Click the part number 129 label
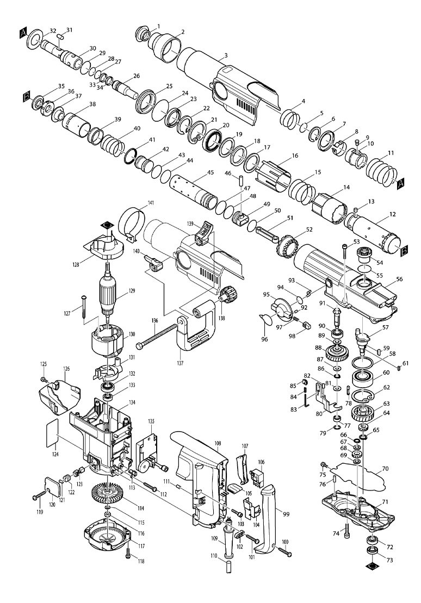131,291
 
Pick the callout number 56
399,278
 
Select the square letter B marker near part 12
406,251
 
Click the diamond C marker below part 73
373,567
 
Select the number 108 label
218,444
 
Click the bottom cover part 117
109,539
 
